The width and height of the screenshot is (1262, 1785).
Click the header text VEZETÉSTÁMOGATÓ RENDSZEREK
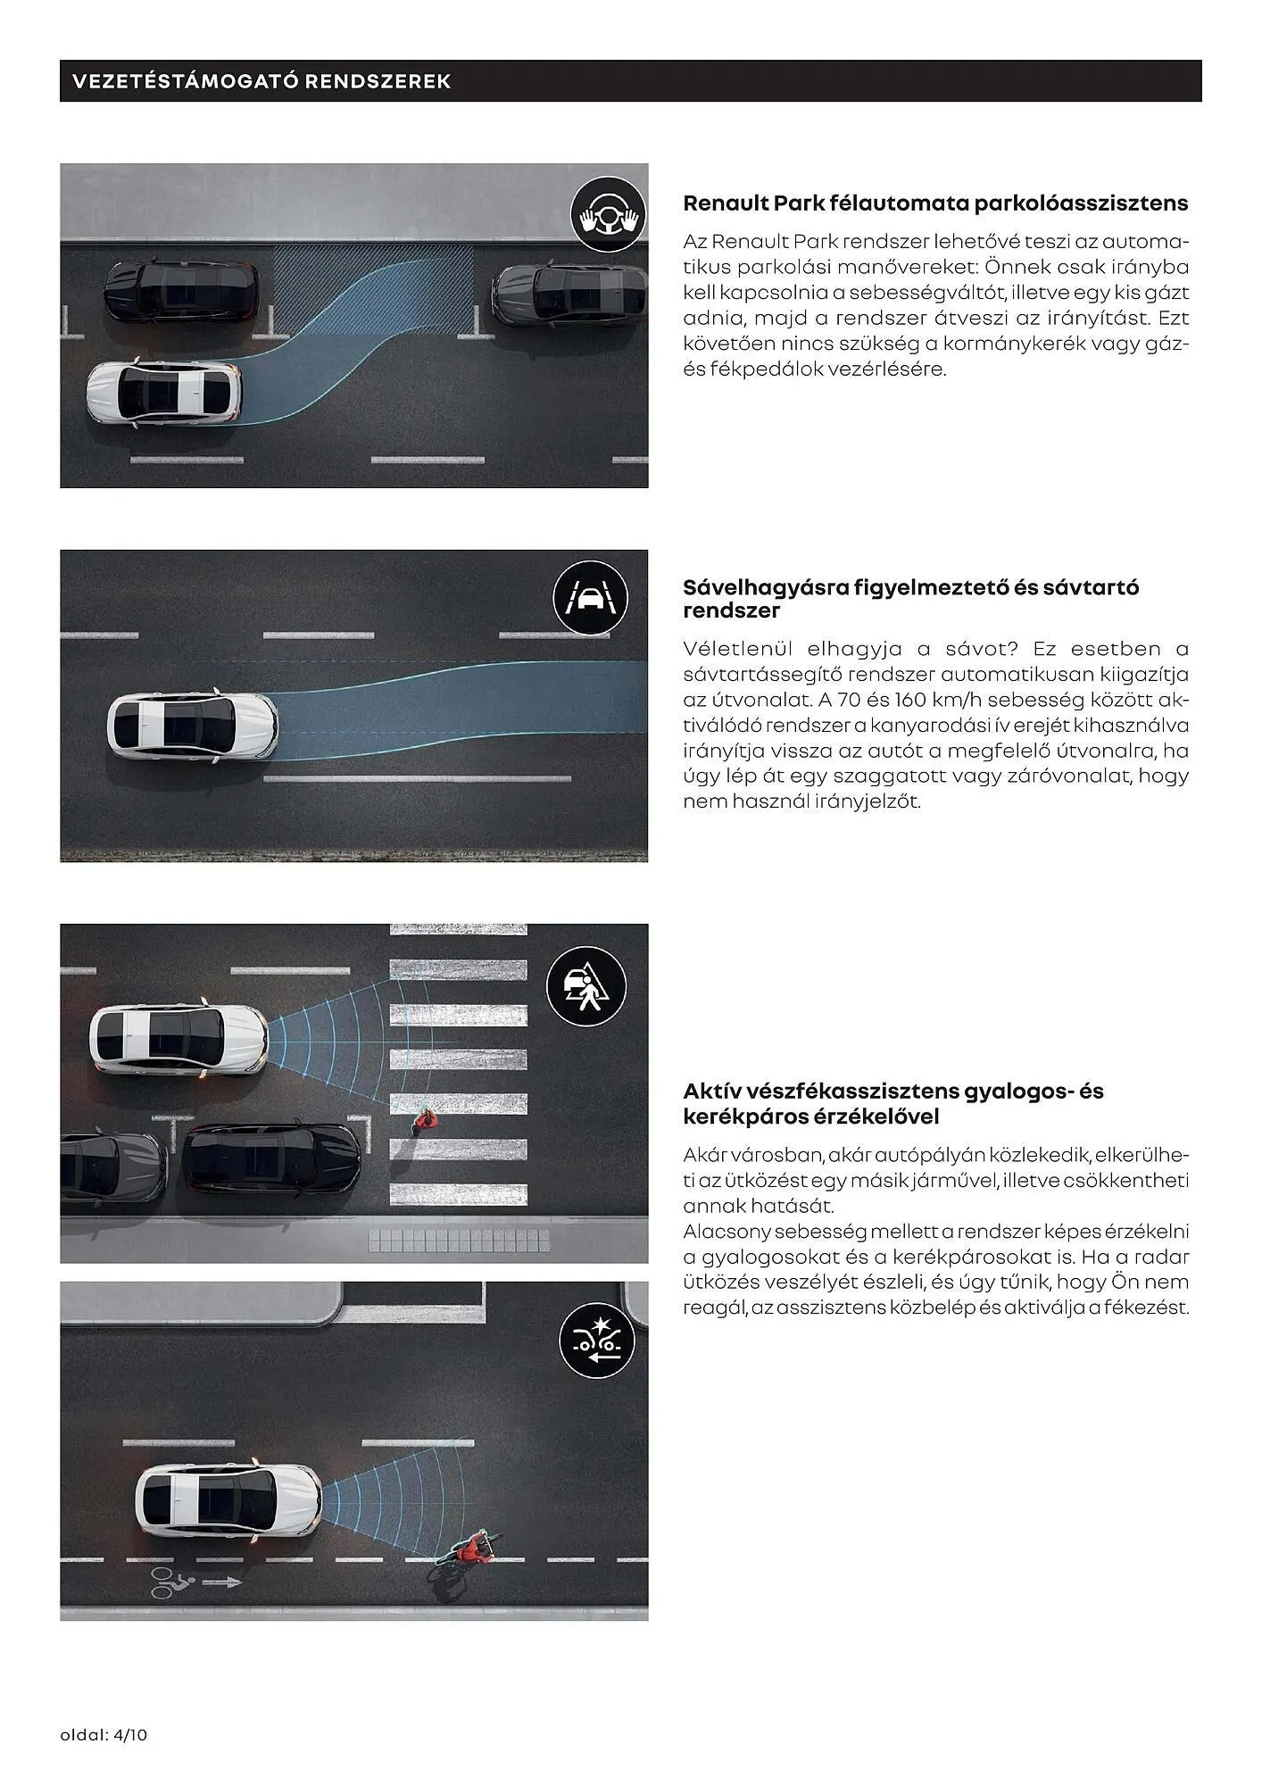coord(261,81)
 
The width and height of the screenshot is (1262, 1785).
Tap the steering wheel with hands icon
coord(608,215)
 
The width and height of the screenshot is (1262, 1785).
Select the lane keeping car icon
coord(590,599)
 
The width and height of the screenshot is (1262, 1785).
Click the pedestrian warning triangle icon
coord(586,985)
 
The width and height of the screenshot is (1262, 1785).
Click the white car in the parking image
coord(164,393)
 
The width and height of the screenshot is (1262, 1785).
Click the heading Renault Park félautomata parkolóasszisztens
coord(934,203)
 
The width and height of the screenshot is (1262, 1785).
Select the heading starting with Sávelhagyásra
coord(910,599)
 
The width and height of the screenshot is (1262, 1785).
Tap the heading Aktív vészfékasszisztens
coord(893,1104)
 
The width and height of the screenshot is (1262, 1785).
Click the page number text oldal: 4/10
coord(104,1735)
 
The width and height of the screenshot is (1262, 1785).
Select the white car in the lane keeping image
coord(192,725)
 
